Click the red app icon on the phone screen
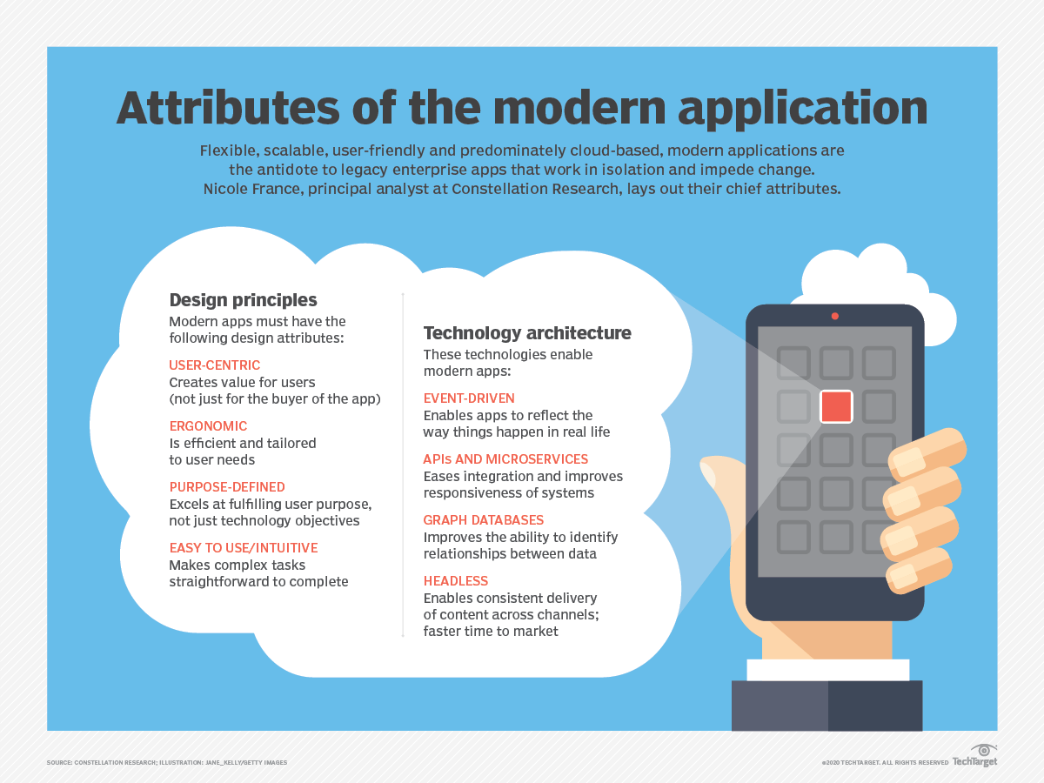[836, 406]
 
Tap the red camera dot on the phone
[834, 316]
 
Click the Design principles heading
[243, 300]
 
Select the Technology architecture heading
[527, 333]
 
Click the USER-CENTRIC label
[215, 365]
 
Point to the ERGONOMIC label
[208, 426]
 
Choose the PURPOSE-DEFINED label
[227, 487]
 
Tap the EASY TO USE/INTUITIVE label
[244, 548]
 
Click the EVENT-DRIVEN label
[469, 398]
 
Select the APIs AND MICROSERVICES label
[505, 459]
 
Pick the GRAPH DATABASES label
[483, 520]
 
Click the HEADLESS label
[456, 581]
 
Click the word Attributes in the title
[228, 108]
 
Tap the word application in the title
[802, 110]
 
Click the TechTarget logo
[975, 755]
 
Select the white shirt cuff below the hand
[827, 670]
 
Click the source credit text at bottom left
[167, 763]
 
